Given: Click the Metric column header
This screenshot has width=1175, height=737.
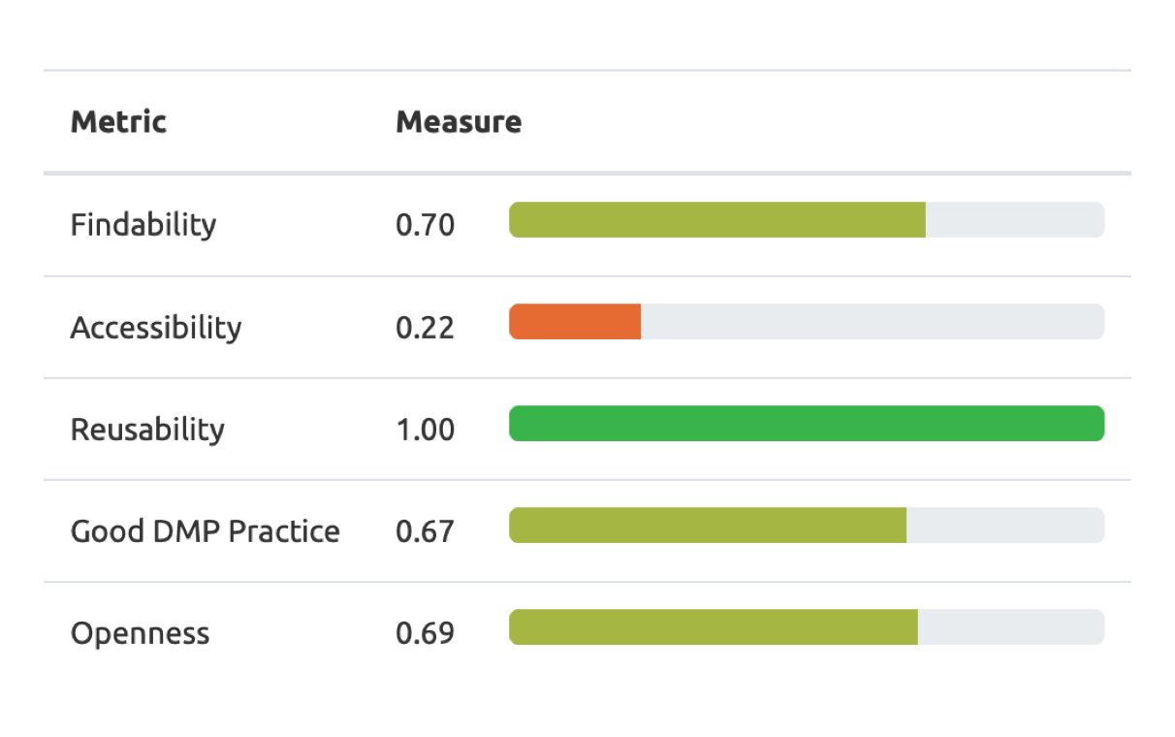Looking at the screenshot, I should [x=118, y=122].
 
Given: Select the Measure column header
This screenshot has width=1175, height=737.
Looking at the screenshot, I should [x=458, y=122].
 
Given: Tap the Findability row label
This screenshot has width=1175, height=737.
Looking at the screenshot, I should [x=143, y=225].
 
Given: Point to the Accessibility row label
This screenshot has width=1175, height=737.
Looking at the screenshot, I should [x=155, y=328].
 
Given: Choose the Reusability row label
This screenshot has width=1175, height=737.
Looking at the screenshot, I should [x=147, y=430].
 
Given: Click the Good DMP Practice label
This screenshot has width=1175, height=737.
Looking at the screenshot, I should [x=205, y=531].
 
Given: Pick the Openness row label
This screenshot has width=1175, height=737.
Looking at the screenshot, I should [x=140, y=634].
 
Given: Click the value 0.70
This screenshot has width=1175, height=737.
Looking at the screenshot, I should [x=425, y=225].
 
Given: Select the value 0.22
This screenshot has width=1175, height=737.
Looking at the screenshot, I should [x=425, y=328].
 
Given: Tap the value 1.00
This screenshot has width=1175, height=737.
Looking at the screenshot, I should [x=425, y=430].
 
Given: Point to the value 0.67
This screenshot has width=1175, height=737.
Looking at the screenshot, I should [x=425, y=531].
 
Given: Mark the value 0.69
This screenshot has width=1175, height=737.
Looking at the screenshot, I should [x=425, y=634].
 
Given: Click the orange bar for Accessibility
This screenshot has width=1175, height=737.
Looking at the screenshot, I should [x=575, y=322].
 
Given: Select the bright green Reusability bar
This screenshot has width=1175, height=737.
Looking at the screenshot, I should [x=807, y=424].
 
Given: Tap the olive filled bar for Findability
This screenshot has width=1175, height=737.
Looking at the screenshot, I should [x=716, y=220].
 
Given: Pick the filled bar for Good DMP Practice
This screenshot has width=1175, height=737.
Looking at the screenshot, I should [x=707, y=526].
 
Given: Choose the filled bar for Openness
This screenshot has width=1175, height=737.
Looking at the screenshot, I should [x=713, y=627].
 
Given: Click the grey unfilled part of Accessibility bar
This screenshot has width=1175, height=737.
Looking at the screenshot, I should [x=873, y=322].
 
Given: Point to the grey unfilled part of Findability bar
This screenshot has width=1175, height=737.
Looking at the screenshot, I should [x=1015, y=220].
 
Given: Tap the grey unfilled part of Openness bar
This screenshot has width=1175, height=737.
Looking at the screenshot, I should [x=1011, y=627].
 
